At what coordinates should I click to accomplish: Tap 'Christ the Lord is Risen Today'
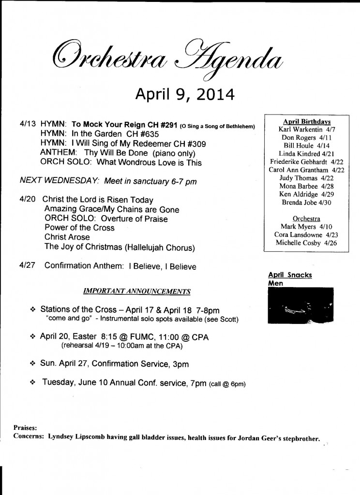[98, 200]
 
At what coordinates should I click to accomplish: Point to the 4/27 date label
[28, 265]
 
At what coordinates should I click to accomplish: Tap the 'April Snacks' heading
[290, 275]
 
